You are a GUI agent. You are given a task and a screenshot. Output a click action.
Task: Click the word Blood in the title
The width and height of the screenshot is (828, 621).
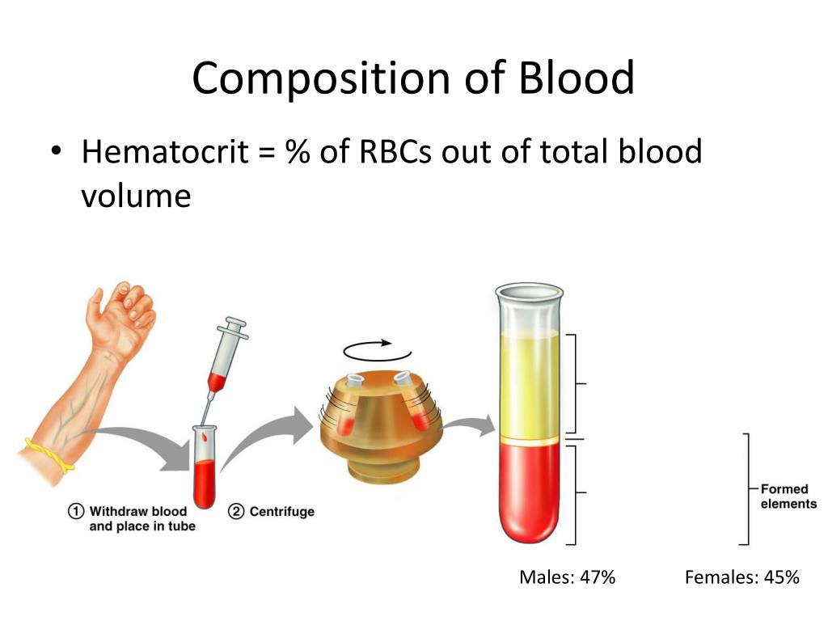576,78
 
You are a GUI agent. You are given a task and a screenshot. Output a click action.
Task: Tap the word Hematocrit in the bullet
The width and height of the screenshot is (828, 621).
165,151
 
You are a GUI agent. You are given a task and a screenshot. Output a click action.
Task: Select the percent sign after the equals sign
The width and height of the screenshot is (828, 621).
298,151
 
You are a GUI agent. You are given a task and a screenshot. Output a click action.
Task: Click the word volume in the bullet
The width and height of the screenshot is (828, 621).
136,196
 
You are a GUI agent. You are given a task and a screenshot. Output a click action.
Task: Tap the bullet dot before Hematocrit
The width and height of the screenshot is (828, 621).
56,151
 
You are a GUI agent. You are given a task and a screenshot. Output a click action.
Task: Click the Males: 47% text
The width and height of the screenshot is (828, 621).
567,577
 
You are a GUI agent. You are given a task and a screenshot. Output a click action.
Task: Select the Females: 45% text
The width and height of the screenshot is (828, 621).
742,577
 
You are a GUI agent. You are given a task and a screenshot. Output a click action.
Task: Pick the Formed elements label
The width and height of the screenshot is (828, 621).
788,496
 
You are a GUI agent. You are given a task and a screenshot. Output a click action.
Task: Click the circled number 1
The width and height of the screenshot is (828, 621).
76,511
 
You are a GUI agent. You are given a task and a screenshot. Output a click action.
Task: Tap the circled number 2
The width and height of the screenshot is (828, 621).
236,511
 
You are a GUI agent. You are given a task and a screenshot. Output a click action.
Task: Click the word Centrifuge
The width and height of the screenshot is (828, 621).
282,512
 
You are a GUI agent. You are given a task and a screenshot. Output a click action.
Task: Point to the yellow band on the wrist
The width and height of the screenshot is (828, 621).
49,456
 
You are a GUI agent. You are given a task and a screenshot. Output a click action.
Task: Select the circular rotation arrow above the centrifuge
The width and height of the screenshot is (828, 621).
377,351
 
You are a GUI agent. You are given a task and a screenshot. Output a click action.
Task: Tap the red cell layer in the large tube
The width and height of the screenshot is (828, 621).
529,491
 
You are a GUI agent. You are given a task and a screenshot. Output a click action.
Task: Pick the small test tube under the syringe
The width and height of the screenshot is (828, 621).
205,467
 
